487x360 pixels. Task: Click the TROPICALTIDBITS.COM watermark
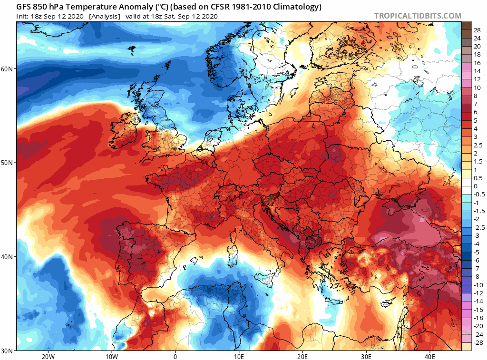(x=418, y=16)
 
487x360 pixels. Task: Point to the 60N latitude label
(x=9, y=68)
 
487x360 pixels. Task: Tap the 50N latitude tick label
(x=9, y=163)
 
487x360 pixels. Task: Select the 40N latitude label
(x=9, y=257)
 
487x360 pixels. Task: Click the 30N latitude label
(x=9, y=351)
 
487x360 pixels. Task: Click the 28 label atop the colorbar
(x=477, y=29)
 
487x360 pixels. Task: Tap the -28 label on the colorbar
(x=477, y=343)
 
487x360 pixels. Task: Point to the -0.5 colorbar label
(x=477, y=195)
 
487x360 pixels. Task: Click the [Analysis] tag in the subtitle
(x=104, y=16)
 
